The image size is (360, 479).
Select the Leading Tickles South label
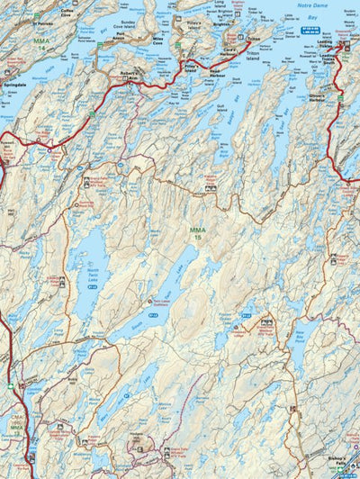328,59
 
